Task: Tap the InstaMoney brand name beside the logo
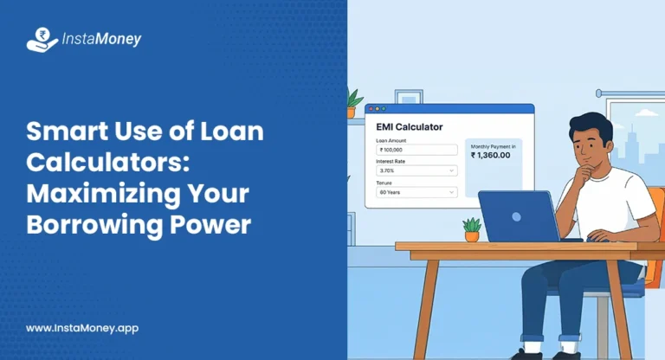(x=101, y=40)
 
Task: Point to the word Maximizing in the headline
(x=87, y=194)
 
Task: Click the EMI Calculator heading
(x=410, y=127)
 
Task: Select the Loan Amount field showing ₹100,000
(x=416, y=150)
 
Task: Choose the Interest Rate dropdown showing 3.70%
(x=416, y=170)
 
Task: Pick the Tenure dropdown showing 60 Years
(x=416, y=192)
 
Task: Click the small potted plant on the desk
(x=472, y=229)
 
